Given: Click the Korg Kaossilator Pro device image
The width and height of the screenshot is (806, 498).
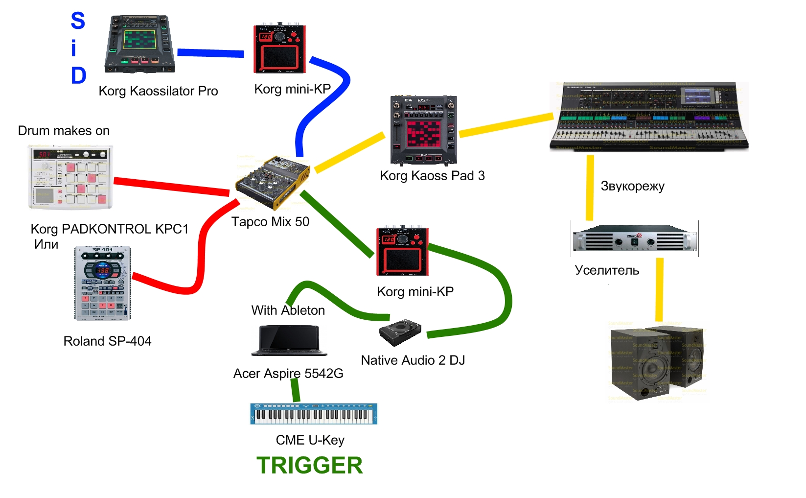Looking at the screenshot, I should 140,44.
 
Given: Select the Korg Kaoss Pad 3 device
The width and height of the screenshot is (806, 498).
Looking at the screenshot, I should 423,130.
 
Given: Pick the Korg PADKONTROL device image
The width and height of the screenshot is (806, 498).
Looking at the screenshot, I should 70,177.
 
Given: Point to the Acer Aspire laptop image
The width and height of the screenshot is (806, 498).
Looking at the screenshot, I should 289,340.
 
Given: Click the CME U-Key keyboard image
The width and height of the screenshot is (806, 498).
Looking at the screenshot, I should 314,414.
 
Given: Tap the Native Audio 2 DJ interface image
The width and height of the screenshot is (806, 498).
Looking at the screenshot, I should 400,332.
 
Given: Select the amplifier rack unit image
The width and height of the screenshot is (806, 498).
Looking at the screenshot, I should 634,238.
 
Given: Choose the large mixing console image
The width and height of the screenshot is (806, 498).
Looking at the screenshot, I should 649,117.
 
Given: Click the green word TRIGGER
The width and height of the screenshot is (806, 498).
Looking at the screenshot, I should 309,465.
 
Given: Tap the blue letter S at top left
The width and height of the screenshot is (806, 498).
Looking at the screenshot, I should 78,21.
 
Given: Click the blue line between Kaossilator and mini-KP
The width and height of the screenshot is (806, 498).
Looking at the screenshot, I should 210,53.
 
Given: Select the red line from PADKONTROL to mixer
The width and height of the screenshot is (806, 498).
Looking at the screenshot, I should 171,187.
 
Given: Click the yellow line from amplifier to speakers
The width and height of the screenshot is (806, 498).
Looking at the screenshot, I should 660,289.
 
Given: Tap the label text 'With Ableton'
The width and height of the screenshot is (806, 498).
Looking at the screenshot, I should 288,310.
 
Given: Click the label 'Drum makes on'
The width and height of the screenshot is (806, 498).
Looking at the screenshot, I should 64,131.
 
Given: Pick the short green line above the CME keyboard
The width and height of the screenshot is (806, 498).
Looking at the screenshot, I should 295,390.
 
